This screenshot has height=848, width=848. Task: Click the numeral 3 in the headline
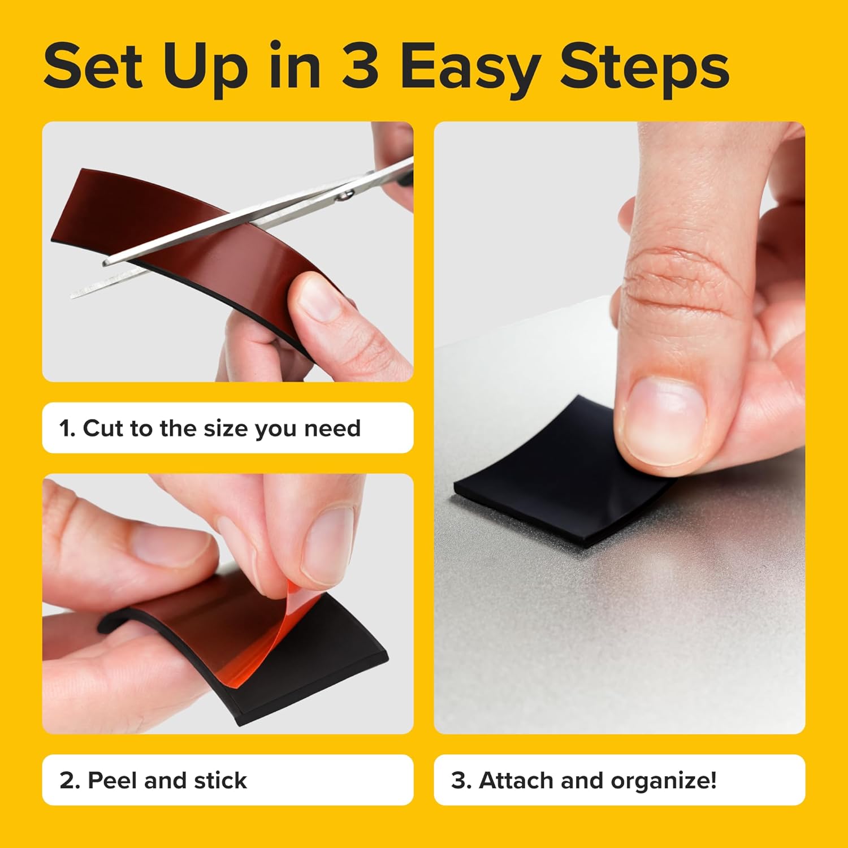(360, 67)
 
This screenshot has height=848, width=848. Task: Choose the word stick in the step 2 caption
(220, 780)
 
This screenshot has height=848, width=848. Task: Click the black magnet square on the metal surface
(554, 486)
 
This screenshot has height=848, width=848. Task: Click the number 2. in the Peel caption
(70, 780)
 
